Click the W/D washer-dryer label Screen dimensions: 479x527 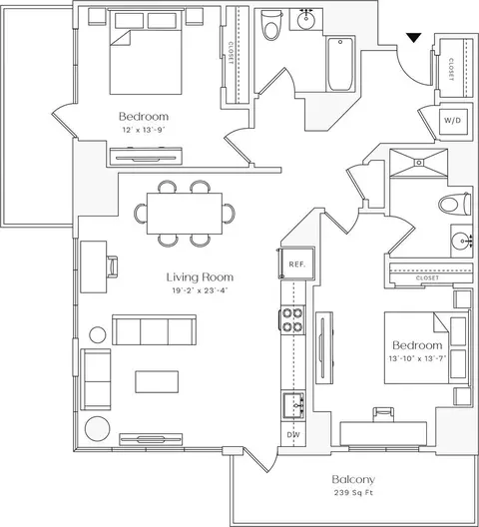click(452, 121)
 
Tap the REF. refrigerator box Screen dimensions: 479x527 click(297, 263)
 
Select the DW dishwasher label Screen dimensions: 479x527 click(293, 435)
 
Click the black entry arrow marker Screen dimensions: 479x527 click(414, 38)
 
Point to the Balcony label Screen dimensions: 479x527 click(353, 480)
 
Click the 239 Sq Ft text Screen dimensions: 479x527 click(353, 493)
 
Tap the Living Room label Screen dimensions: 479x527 click(200, 277)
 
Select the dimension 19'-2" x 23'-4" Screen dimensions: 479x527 click(200, 290)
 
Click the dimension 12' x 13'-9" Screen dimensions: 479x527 click(144, 130)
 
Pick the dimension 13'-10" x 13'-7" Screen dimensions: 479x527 click(417, 358)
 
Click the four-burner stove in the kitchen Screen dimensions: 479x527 click(292, 320)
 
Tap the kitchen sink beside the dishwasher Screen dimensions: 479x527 click(293, 405)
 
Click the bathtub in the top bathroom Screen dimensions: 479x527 click(340, 64)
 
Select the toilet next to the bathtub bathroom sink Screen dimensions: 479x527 click(272, 25)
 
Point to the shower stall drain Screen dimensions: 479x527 click(419, 163)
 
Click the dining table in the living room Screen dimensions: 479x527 click(185, 214)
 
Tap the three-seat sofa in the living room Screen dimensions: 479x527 click(155, 329)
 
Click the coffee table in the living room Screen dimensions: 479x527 click(157, 381)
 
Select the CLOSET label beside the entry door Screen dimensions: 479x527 click(451, 69)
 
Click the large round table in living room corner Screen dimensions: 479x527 click(97, 429)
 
